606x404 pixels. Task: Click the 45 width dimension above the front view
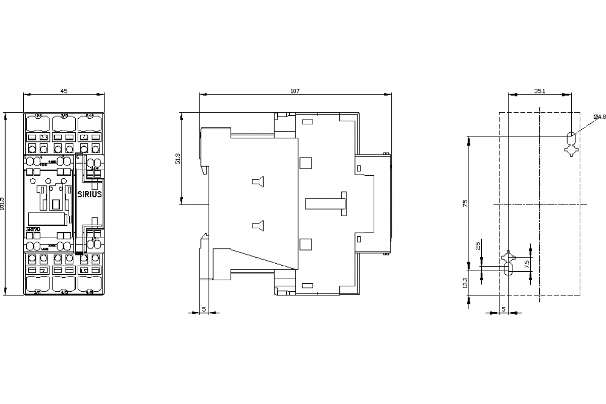pyautogui.click(x=64, y=91)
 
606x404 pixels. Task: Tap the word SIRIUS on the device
pyautogui.click(x=91, y=193)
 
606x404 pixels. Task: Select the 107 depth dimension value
pyautogui.click(x=295, y=91)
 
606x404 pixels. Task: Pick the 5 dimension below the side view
pyautogui.click(x=204, y=309)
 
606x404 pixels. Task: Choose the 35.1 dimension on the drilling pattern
pyautogui.click(x=539, y=91)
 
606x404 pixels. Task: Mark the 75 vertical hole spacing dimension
pyautogui.click(x=465, y=203)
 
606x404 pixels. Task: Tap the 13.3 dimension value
pyautogui.click(x=465, y=284)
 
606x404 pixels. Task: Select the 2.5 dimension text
pyautogui.click(x=478, y=246)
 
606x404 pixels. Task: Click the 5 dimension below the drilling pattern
pyautogui.click(x=503, y=309)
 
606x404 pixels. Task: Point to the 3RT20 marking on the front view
pyautogui.click(x=33, y=229)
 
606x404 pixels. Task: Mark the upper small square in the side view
pyautogui.click(x=305, y=163)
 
